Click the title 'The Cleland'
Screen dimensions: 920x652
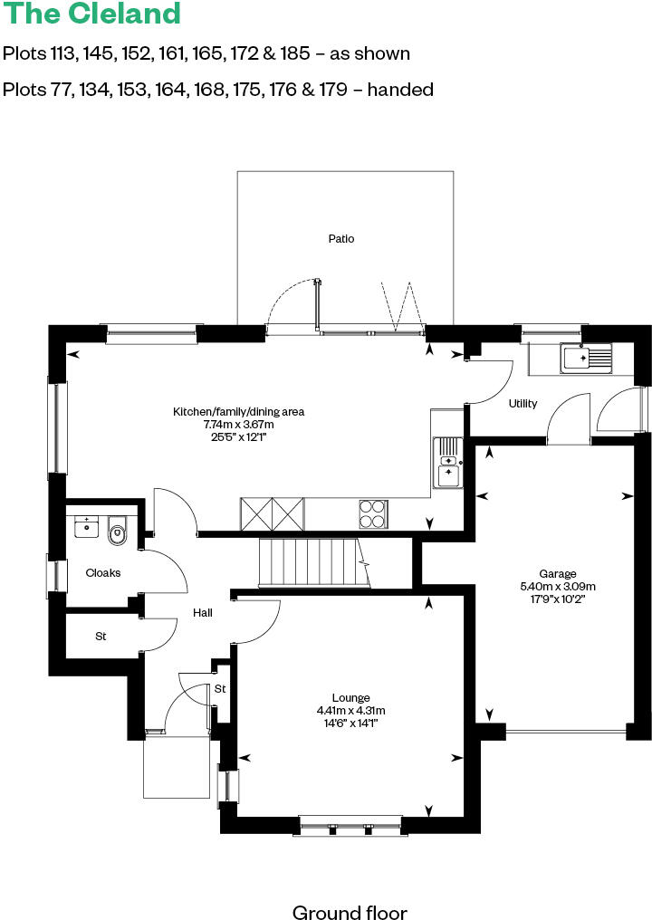[x=91, y=14]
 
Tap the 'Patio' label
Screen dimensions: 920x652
[x=341, y=239]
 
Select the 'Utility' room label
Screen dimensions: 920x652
[x=523, y=403]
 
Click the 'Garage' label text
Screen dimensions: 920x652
[x=558, y=574]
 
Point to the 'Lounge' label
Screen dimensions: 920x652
[x=350, y=697]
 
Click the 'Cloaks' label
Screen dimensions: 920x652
[x=103, y=573]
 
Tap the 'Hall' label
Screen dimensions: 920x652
[x=202, y=613]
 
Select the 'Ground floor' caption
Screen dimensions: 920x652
[x=350, y=912]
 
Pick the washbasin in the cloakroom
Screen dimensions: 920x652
[x=87, y=525]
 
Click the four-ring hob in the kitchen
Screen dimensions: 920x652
[x=373, y=513]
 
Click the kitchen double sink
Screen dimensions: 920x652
[x=447, y=462]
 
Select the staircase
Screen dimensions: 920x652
[x=311, y=562]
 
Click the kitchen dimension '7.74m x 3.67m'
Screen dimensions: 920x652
[x=238, y=424]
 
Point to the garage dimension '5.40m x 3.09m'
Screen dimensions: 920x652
[x=558, y=586]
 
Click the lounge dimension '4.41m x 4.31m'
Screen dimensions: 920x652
[x=350, y=710]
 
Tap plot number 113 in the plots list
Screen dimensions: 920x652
[x=62, y=53]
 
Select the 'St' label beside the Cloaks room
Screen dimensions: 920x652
[x=100, y=637]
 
